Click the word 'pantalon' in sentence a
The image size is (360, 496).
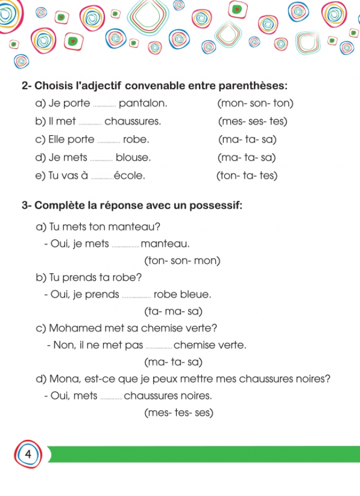click(143, 104)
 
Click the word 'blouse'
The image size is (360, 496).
click(133, 158)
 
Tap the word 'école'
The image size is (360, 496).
click(129, 176)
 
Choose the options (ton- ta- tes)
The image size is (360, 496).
click(247, 176)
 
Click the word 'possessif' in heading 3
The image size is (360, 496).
click(216, 205)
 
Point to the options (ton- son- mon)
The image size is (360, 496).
click(182, 261)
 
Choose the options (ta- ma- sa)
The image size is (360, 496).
click(173, 311)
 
